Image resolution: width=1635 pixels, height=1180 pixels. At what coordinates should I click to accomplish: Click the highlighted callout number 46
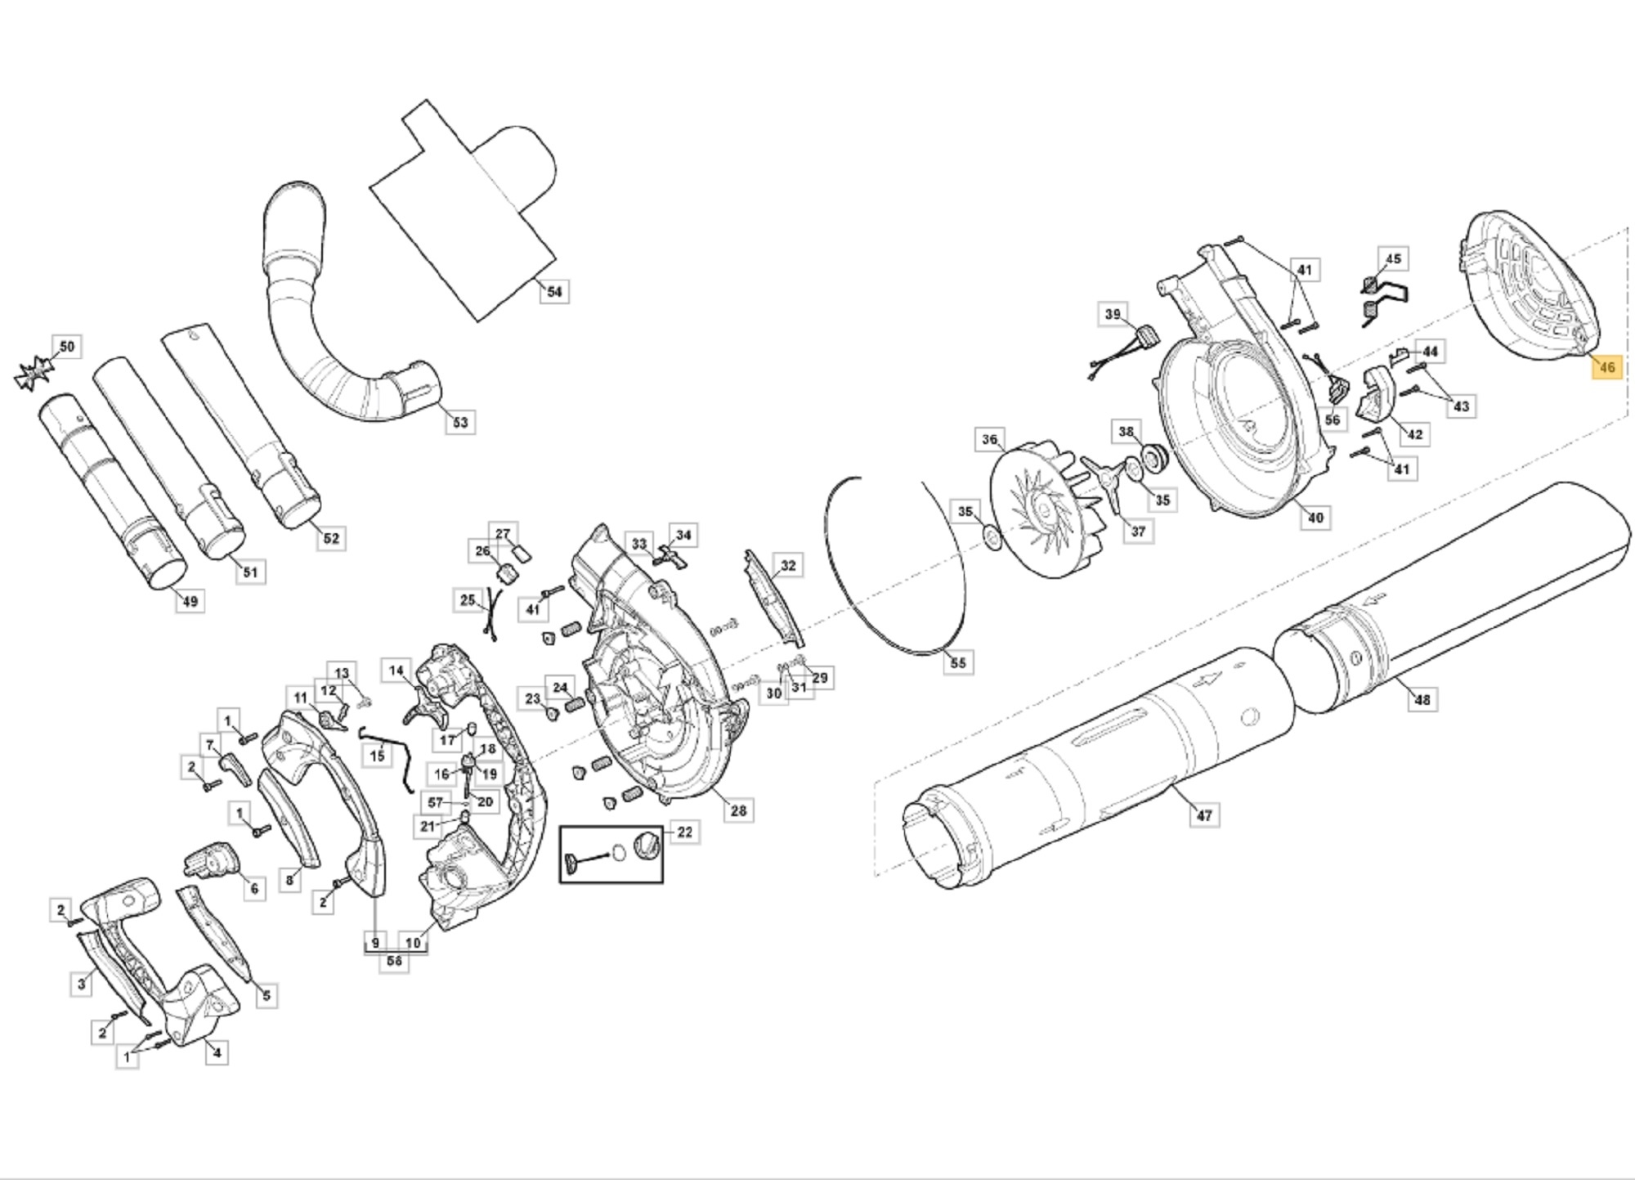pyautogui.click(x=1606, y=367)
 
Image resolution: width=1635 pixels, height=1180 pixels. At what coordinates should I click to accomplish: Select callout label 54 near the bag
pyautogui.click(x=554, y=292)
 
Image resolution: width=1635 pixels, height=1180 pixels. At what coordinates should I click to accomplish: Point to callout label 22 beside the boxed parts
pyautogui.click(x=684, y=832)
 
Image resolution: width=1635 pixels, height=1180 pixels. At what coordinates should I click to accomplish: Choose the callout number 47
pyautogui.click(x=1203, y=814)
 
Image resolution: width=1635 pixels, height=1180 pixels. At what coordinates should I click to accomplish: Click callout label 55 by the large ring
pyautogui.click(x=958, y=662)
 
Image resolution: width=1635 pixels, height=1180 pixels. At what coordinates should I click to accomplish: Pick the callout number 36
pyautogui.click(x=990, y=440)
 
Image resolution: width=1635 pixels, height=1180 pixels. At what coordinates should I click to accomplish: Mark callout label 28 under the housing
pyautogui.click(x=738, y=810)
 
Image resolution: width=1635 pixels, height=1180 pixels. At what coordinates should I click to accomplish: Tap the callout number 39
pyautogui.click(x=1113, y=315)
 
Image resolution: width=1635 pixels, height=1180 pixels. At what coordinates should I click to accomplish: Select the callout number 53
pyautogui.click(x=460, y=422)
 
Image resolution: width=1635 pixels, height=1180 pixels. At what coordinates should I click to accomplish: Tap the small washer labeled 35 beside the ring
pyautogui.click(x=992, y=538)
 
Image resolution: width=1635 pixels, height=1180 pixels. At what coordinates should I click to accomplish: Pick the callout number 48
pyautogui.click(x=1422, y=700)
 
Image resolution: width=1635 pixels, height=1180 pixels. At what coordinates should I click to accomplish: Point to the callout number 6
pyautogui.click(x=254, y=889)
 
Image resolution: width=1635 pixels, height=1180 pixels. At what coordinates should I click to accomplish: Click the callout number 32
pyautogui.click(x=787, y=566)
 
